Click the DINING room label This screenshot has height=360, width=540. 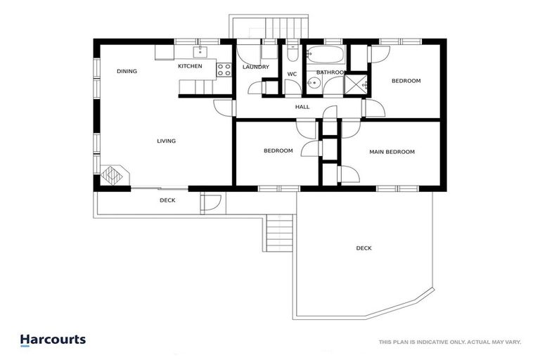coord(127,71)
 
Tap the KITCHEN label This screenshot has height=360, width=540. coord(190,66)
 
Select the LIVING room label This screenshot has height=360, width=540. coord(166,141)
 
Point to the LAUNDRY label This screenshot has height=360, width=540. coord(256,67)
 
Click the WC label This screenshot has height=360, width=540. coord(292,74)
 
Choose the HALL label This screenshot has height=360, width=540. coord(302,107)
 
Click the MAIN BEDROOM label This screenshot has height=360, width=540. coord(392,152)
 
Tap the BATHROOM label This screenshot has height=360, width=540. coord(330,72)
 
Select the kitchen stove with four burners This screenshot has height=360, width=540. coord(224,69)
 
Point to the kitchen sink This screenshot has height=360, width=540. coord(200,51)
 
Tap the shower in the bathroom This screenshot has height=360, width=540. coord(356,84)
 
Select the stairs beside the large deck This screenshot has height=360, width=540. coord(278,233)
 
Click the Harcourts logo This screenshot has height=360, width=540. coord(53,340)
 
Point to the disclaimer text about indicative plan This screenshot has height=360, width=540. coord(449,342)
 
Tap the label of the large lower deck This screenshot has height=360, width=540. coord(364,248)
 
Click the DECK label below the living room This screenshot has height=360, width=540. coord(167,200)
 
